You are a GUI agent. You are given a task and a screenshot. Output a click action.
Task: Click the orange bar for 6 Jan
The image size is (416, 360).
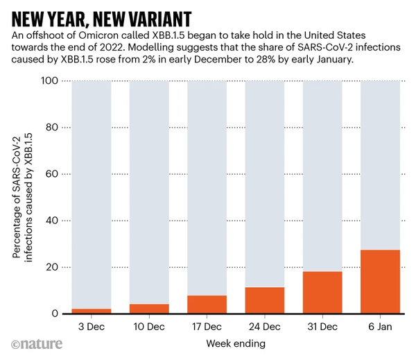click(x=381, y=282)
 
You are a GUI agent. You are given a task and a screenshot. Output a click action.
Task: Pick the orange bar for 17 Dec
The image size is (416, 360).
click(x=207, y=305)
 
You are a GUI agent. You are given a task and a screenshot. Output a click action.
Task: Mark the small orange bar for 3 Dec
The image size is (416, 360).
click(x=91, y=311)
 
